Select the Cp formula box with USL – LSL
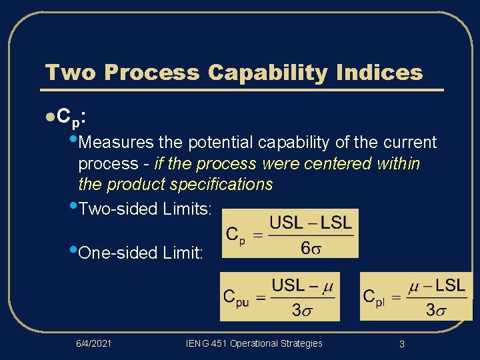(x=289, y=233)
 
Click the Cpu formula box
(x=280, y=296)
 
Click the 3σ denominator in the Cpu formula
(x=303, y=310)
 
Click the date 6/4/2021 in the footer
(x=93, y=343)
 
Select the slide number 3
(x=402, y=344)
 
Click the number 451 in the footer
(x=217, y=343)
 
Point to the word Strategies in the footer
(x=301, y=343)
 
